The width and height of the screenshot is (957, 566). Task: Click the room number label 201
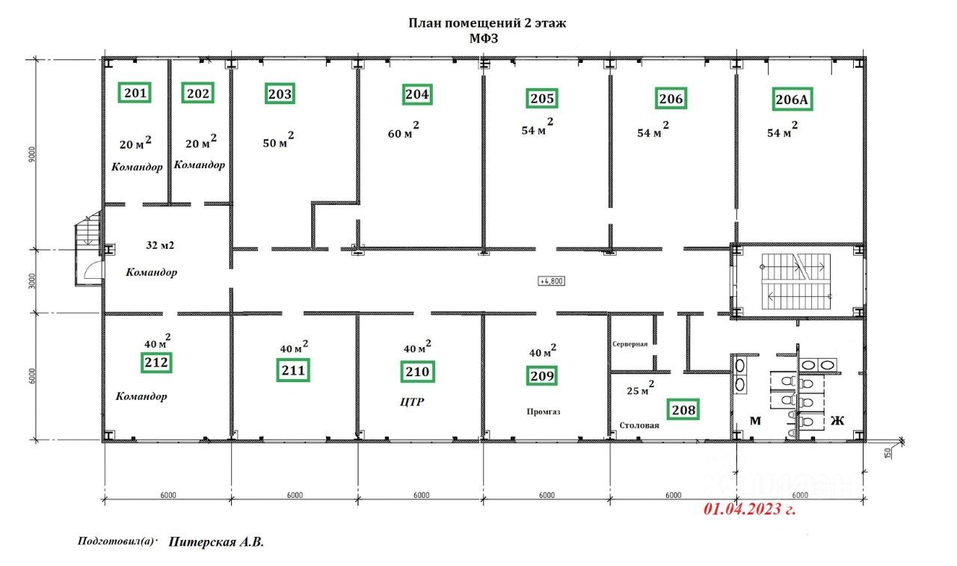135,93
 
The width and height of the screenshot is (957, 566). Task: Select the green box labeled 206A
792,99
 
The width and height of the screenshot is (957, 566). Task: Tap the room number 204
417,94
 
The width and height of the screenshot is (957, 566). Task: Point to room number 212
156,363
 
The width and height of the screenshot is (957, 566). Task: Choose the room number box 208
683,410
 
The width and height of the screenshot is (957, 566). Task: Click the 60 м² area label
403,130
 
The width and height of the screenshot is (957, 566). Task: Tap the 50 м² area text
278,140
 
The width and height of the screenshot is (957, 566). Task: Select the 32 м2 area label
160,245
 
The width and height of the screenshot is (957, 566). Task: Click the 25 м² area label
640,388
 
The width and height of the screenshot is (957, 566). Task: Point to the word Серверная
630,344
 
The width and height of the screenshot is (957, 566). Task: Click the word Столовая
639,425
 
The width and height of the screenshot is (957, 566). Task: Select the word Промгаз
544,412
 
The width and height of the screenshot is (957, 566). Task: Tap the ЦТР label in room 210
412,402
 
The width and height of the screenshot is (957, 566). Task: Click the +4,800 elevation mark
551,281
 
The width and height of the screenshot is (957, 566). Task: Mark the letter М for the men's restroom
755,421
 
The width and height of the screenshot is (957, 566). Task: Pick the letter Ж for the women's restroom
837,421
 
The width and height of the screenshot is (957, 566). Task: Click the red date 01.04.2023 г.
750,508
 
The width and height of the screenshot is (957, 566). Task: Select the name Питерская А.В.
216,541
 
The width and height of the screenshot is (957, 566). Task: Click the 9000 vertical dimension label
32,154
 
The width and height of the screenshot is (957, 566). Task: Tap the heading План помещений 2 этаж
487,22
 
